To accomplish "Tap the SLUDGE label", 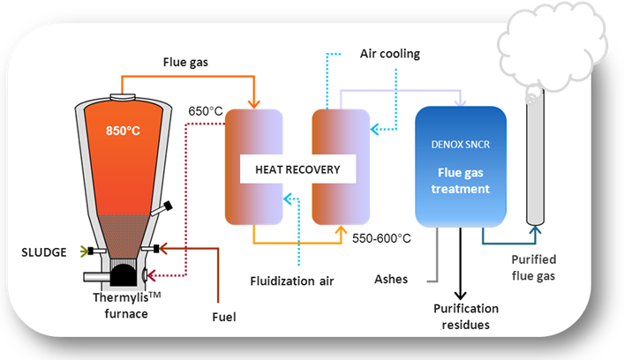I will pyautogui.click(x=43, y=252).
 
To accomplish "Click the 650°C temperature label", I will pyautogui.click(x=206, y=112).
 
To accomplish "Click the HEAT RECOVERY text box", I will pyautogui.click(x=297, y=169).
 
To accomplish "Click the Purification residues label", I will pyautogui.click(x=465, y=317).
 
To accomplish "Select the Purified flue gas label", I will pyautogui.click(x=535, y=268).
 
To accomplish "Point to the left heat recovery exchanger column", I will pyautogui.click(x=253, y=168).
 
